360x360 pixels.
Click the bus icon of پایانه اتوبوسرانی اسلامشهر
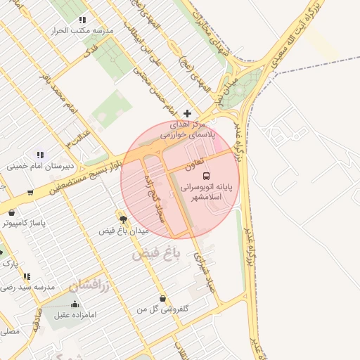pos(206,176)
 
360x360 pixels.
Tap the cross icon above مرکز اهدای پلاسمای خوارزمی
pos(187,113)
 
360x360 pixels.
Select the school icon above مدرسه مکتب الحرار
pos(82,20)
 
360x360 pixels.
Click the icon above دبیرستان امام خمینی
pos(40,155)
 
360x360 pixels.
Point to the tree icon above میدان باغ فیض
pos(124,220)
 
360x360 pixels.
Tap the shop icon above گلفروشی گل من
pos(163,298)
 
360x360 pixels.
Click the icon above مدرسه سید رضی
pos(27,276)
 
